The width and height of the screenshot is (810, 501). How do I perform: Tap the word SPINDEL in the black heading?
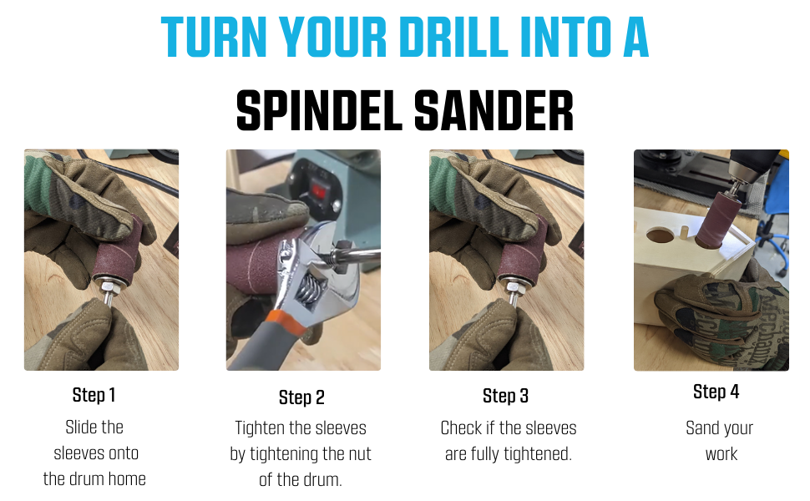tap(319, 110)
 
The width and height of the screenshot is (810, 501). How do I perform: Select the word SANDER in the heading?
tap(494, 110)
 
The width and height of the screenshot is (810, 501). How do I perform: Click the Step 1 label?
tap(94, 395)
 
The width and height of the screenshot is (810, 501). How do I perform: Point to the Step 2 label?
tap(301, 397)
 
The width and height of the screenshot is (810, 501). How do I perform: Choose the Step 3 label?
tap(505, 396)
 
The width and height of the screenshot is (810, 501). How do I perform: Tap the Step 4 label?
tap(716, 392)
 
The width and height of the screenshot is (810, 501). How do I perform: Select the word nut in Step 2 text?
tap(358, 454)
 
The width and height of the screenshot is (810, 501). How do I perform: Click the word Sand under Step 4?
tap(702, 428)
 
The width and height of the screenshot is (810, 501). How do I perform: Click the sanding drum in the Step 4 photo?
tap(719, 220)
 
